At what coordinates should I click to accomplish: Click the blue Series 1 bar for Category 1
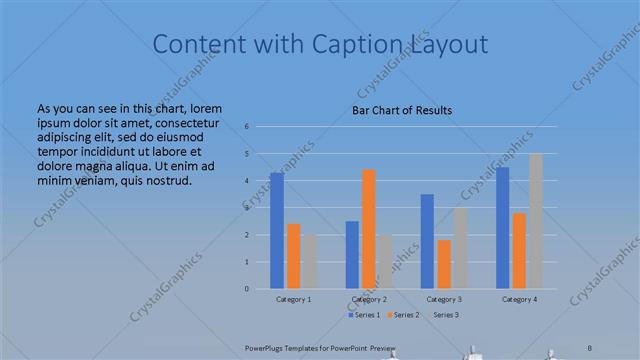tap(277, 231)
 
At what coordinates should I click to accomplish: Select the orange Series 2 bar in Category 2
tap(368, 229)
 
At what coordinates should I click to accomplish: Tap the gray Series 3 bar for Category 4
tap(535, 221)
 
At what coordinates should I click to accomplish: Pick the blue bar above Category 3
tap(427, 241)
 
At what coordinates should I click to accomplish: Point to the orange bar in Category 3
tap(443, 264)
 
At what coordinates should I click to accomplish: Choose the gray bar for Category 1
tap(309, 262)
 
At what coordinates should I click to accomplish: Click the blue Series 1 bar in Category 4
tap(502, 228)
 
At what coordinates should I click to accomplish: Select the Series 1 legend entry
tap(365, 315)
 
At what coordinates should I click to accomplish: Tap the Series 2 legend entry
tap(403, 315)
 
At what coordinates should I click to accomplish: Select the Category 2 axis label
tap(369, 299)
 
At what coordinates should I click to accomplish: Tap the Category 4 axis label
tap(519, 299)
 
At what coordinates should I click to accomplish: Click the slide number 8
tap(591, 346)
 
